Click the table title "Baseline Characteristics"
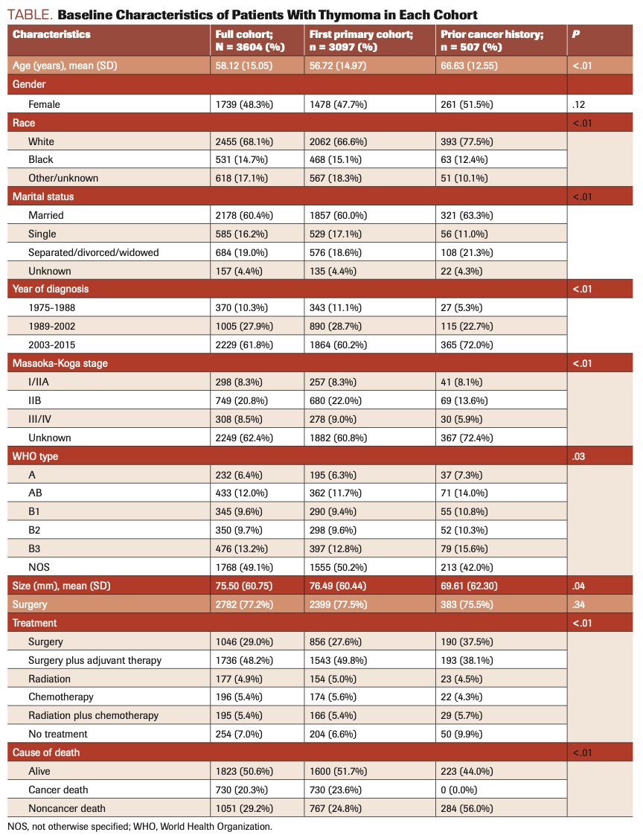pyautogui.click(x=268, y=15)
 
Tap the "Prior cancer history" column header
pyautogui.click(x=492, y=40)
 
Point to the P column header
pyautogui.click(x=576, y=34)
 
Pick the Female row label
pyautogui.click(x=44, y=104)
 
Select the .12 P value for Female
pyautogui.click(x=578, y=104)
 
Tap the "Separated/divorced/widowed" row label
pyautogui.click(x=93, y=252)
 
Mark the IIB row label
pyautogui.click(x=36, y=400)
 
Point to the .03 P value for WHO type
pyautogui.click(x=579, y=456)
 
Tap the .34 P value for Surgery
pyautogui.click(x=579, y=604)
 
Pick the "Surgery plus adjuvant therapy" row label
pyautogui.click(x=95, y=660)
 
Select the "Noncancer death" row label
pyautogui.click(x=67, y=808)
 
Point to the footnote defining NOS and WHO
pyautogui.click(x=140, y=826)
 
